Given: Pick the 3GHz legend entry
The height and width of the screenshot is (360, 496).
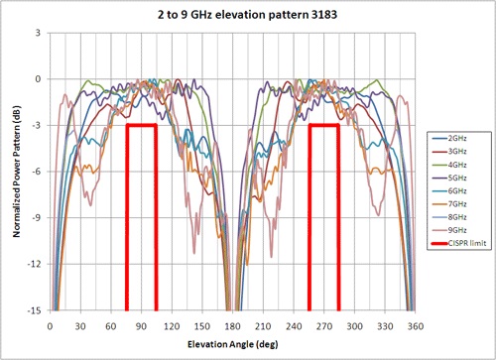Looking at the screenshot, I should click(x=457, y=151).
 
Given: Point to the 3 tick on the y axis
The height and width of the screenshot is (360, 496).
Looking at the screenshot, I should click(x=38, y=33).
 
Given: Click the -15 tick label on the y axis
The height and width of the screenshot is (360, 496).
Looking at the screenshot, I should click(x=34, y=310).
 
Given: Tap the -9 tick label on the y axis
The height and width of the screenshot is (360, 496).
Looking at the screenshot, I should click(x=36, y=218).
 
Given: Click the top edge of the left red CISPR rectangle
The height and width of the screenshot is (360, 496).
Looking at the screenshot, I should click(x=141, y=125).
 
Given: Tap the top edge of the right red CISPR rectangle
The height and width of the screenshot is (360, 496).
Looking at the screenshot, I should click(x=323, y=125).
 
